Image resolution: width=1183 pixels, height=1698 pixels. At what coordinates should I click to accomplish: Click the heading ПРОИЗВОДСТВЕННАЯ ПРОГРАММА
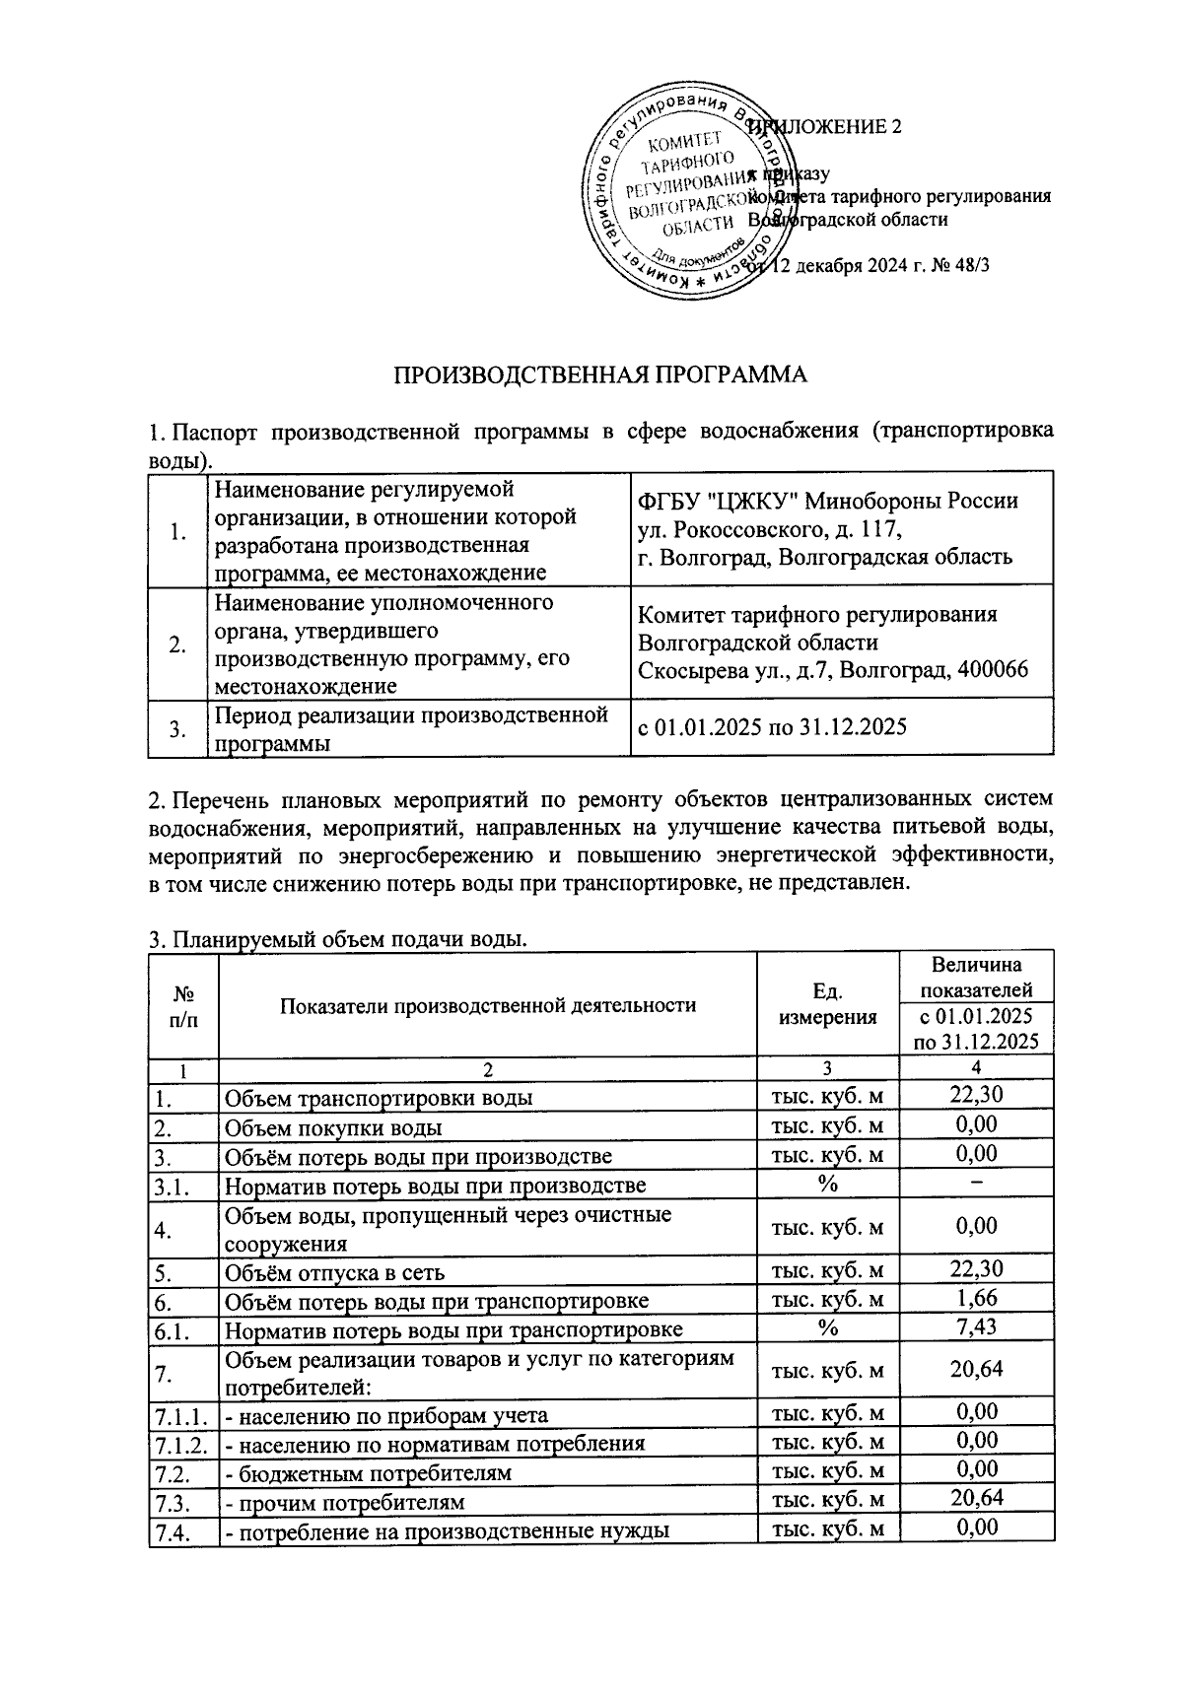(x=600, y=374)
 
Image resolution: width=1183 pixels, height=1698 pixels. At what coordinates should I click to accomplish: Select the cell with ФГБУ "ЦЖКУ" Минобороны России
(x=828, y=501)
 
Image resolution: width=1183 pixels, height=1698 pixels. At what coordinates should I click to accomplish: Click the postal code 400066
(x=990, y=670)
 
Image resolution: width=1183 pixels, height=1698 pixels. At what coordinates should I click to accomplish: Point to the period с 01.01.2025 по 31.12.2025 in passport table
(x=772, y=728)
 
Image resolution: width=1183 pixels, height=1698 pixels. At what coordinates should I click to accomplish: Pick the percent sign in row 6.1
(x=827, y=1327)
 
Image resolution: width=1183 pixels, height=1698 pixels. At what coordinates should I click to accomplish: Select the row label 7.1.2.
(x=181, y=1443)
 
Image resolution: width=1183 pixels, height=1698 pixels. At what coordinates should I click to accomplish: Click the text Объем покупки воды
(x=333, y=1127)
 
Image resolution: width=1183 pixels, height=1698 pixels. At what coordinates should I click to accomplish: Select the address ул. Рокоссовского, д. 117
(x=770, y=528)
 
